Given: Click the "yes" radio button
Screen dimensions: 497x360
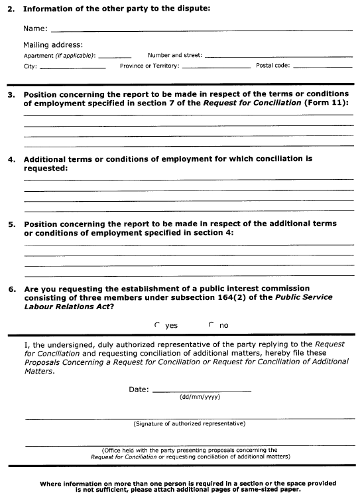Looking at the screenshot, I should (157, 325).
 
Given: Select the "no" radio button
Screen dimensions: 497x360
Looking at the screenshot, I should (211, 325).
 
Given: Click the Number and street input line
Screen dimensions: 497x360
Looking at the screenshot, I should (278, 56).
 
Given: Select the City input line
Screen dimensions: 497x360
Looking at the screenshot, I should (73, 67).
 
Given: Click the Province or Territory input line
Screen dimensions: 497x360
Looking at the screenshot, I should (216, 67).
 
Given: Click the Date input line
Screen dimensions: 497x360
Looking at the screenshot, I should (202, 390).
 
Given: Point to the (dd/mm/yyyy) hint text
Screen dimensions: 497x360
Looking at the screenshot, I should (200, 397).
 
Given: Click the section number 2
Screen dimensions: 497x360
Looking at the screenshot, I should (11, 8).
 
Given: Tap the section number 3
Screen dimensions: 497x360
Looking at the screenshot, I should (11, 95).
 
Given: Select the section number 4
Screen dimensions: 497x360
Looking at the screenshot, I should (11, 159).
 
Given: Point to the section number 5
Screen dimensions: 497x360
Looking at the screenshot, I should (11, 224).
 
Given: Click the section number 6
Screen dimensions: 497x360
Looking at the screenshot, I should (11, 289).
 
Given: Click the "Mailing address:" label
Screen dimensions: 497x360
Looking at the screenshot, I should (53, 44).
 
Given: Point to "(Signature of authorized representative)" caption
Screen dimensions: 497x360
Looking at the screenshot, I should (189, 423).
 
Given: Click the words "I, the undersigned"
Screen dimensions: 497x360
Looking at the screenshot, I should (54, 346).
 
